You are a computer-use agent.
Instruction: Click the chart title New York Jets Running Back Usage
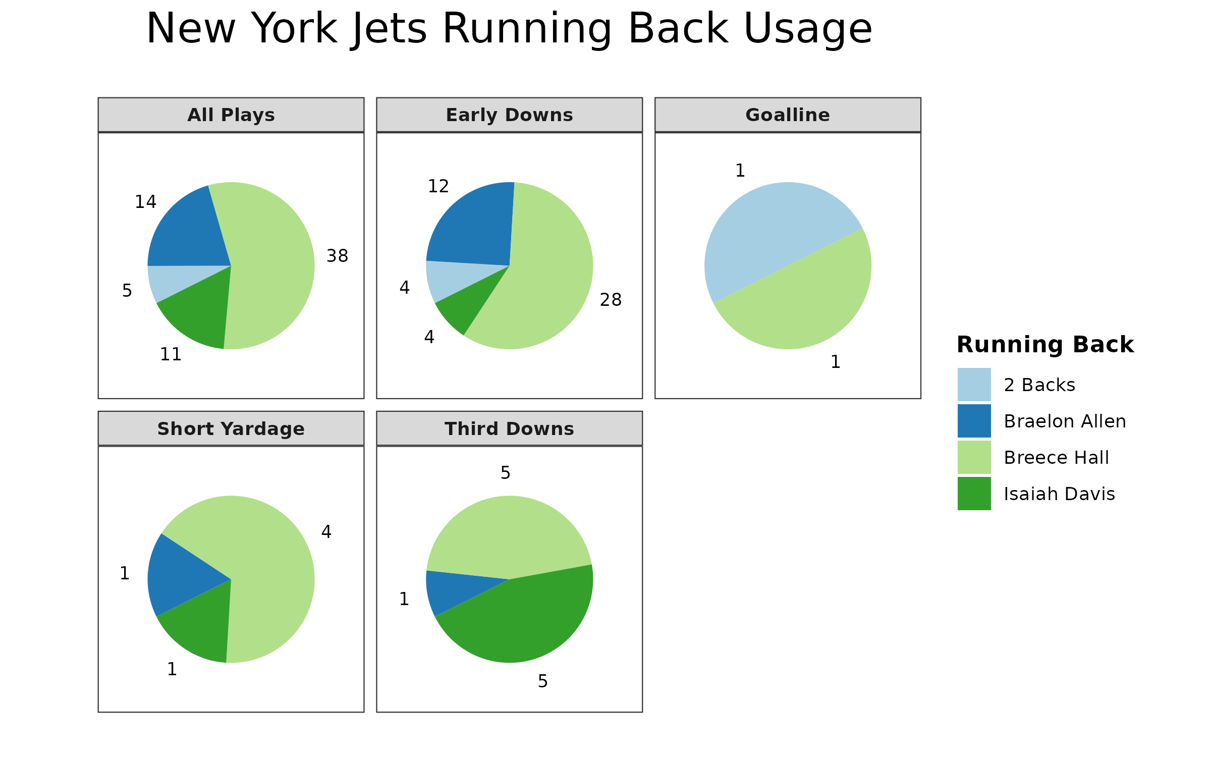tap(509, 29)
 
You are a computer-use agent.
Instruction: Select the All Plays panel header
tap(231, 115)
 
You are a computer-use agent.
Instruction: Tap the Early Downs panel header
tap(509, 115)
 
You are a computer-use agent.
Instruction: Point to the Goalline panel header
tap(788, 115)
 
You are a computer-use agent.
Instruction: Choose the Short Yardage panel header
tap(231, 429)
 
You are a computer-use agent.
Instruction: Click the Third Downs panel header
tap(509, 429)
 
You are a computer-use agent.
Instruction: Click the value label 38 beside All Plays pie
tap(337, 256)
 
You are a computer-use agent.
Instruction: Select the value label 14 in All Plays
tap(145, 202)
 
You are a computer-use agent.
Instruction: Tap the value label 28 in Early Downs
tap(611, 300)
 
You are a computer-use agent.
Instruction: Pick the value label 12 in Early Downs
tap(438, 186)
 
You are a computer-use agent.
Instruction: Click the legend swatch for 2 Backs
tap(974, 385)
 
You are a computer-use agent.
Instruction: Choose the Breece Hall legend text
tap(1056, 458)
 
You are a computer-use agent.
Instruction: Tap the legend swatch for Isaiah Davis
tap(974, 494)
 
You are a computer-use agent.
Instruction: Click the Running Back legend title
tap(1045, 345)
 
